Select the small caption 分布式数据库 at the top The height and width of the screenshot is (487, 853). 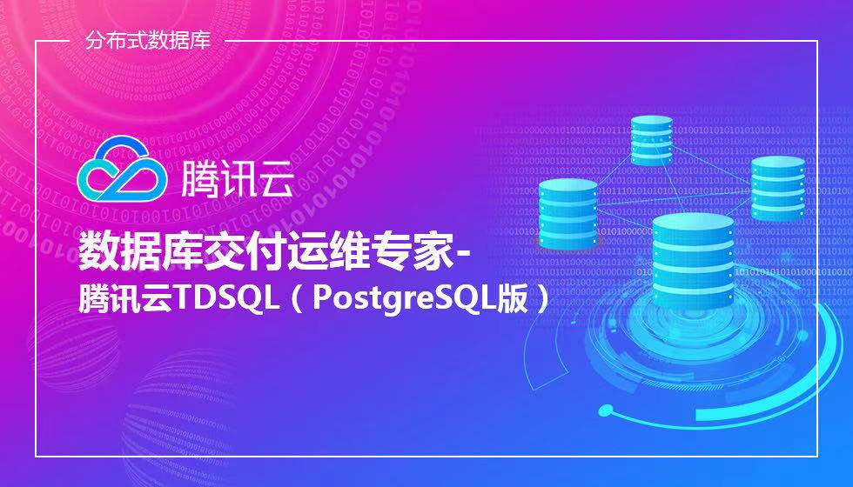click(x=147, y=41)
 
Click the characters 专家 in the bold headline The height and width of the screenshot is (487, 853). click(x=420, y=251)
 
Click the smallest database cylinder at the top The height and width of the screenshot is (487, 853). click(x=652, y=140)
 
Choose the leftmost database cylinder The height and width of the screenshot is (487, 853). click(x=568, y=213)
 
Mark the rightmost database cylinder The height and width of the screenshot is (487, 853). click(x=778, y=189)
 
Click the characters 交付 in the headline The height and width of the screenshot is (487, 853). click(x=235, y=251)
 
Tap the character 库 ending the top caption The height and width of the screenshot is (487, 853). click(x=200, y=41)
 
